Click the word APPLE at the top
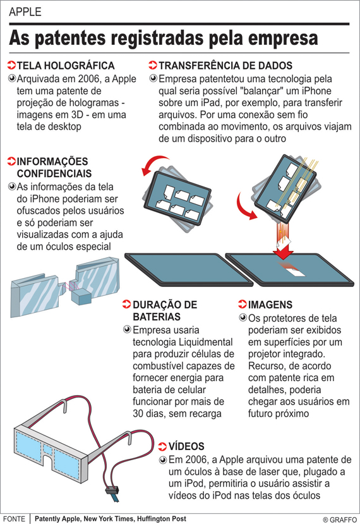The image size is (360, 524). [x=25, y=12]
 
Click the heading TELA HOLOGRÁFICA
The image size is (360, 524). [x=66, y=66]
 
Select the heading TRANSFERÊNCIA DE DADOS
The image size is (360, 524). [x=225, y=66]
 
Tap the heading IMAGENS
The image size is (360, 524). [x=270, y=305]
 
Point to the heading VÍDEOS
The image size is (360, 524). [x=186, y=446]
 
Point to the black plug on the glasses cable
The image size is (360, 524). [x=112, y=490]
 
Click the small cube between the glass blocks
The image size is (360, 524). [x=80, y=296]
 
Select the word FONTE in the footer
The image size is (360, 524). [x=14, y=519]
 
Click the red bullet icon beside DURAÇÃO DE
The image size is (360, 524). [x=126, y=304]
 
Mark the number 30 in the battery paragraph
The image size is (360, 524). [x=138, y=414]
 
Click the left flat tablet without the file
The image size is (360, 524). [x=189, y=269]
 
